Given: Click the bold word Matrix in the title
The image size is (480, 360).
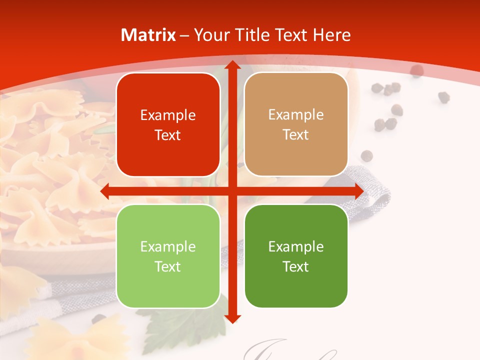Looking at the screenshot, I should coord(148,35).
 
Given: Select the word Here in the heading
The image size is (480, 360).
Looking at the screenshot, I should coord(332,35).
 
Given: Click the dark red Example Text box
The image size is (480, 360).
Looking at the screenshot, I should coord(168,124).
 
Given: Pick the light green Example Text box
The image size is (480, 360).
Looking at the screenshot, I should coord(168,256).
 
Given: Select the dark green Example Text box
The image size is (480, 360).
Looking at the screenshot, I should coord(296,256).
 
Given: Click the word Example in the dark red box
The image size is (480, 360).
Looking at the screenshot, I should coord(168,115).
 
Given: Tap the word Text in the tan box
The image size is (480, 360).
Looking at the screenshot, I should coord(296,135).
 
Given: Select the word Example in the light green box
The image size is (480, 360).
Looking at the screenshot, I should coord(168,247).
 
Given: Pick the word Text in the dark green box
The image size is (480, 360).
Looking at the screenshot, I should coord(296,266).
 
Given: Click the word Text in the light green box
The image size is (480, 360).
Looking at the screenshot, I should coord(168,266).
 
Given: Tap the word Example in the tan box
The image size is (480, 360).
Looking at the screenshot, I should coord(296,115).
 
